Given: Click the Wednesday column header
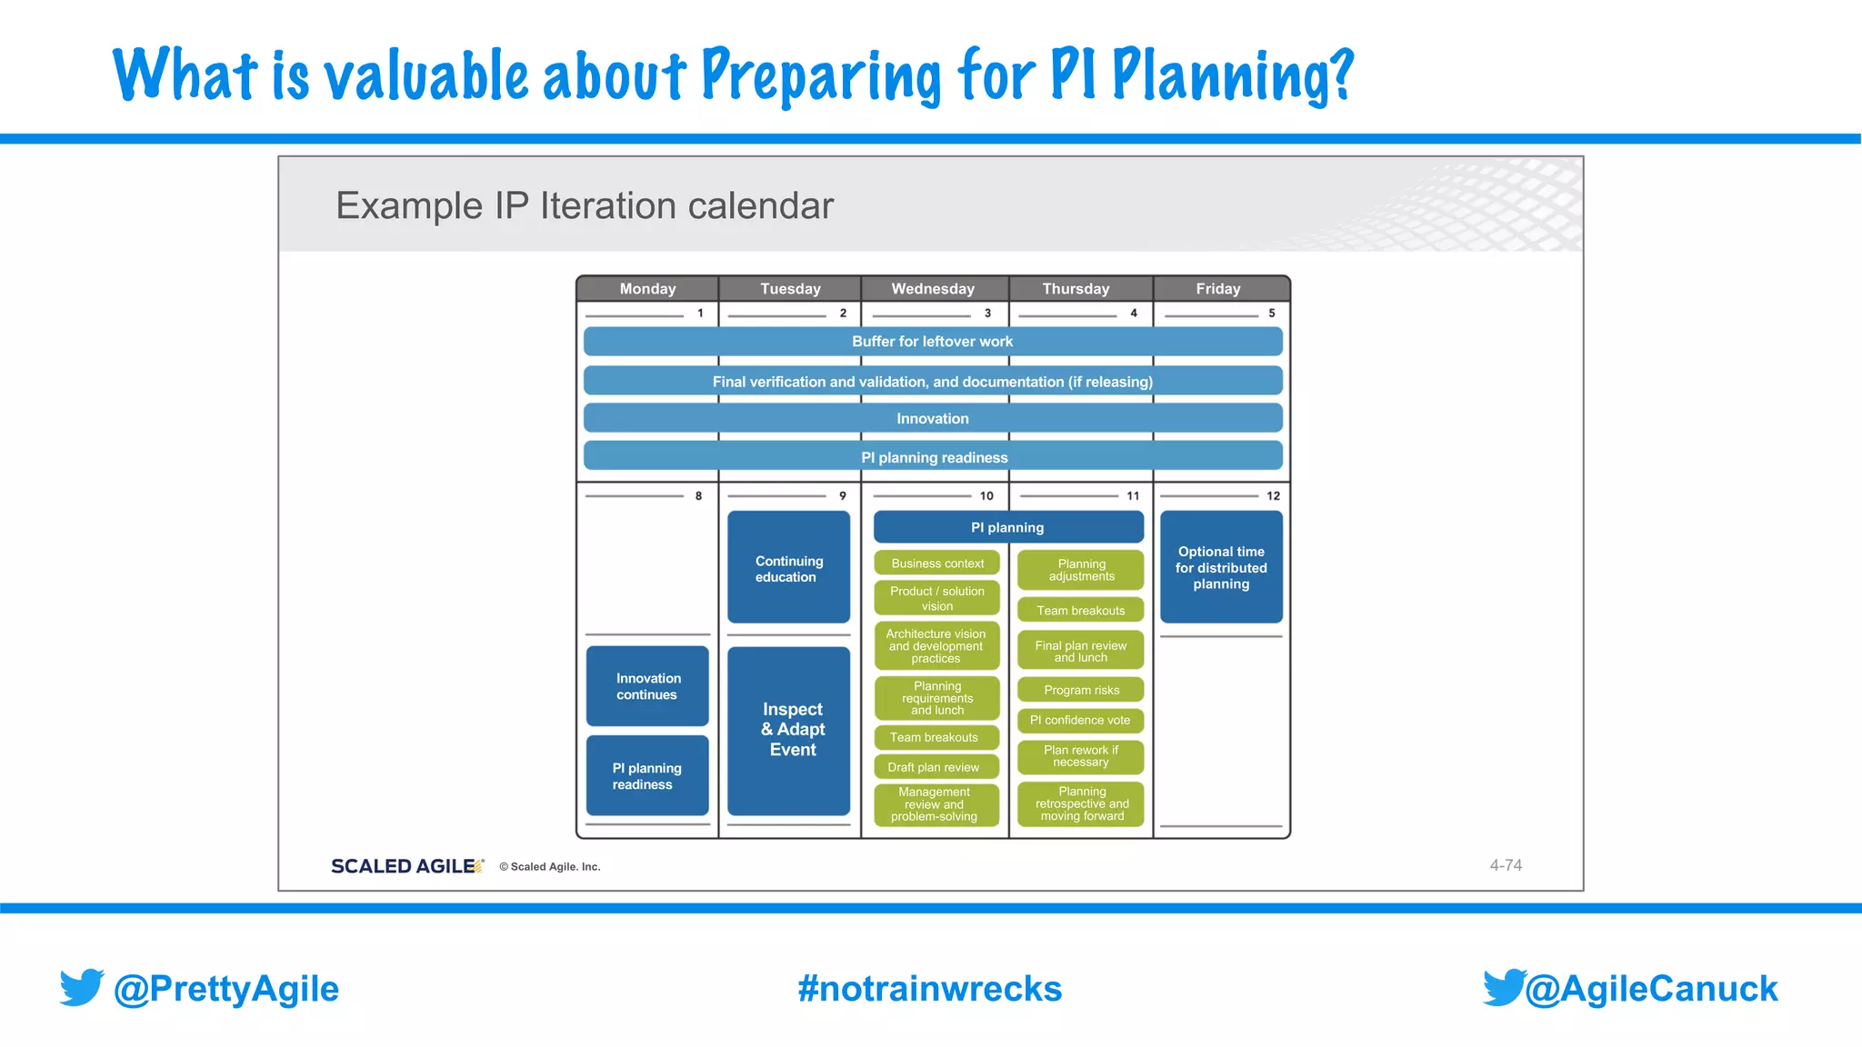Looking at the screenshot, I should [933, 289].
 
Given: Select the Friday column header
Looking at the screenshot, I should [1217, 289].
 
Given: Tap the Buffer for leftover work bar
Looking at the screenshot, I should [932, 342].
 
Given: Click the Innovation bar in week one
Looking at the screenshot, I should [932, 419].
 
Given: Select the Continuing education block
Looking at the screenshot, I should [789, 568].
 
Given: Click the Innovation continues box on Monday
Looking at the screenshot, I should [647, 686].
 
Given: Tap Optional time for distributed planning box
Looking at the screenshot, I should [1221, 567].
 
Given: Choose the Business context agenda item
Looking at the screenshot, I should [936, 563].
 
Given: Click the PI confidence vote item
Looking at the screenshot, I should [1080, 721].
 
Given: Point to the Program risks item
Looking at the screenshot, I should [1080, 691].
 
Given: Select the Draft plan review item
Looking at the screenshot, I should [935, 767].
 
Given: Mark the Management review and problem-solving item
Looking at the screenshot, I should [935, 804].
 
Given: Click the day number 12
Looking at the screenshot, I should [1273, 496].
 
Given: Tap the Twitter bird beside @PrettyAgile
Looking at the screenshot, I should [82, 988].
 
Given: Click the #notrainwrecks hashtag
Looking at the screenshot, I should [929, 989].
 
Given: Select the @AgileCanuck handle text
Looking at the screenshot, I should [1650, 989].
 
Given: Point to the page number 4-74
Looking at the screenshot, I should [1505, 865].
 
